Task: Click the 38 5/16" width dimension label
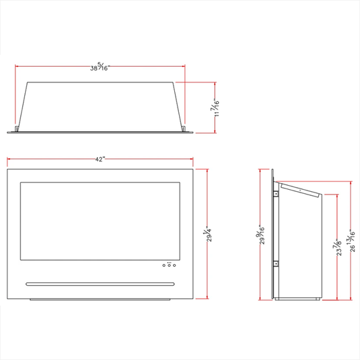100,67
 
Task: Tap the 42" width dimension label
100,159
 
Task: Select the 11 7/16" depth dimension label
215,107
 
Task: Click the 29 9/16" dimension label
260,234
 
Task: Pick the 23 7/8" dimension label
337,247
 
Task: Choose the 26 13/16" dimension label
351,240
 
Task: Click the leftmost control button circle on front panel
164,265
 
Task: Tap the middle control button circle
170,265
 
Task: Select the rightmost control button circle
174,265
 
